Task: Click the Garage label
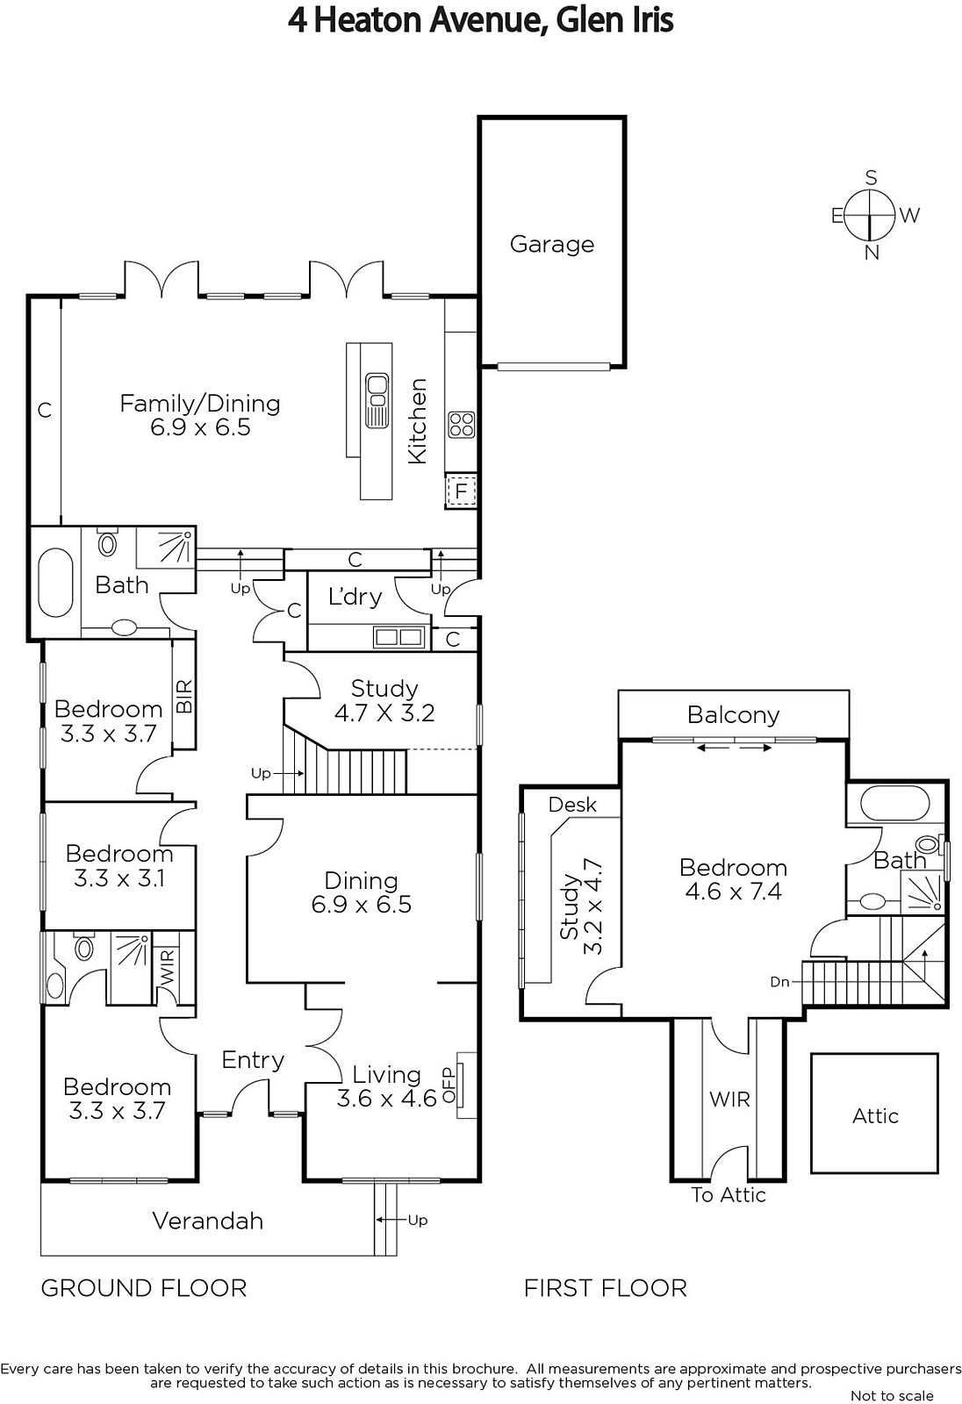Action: tap(552, 244)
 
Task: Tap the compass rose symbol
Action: tap(871, 215)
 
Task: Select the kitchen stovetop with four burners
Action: tap(462, 425)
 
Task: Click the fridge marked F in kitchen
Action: tap(461, 491)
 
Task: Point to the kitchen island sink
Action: tap(377, 400)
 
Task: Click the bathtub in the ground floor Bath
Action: tap(56, 583)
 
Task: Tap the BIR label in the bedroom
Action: tap(184, 697)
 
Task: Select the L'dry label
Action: tap(355, 596)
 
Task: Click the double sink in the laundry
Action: tap(398, 637)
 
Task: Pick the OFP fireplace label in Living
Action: tap(449, 1085)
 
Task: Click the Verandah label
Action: tap(207, 1221)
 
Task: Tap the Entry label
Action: tap(253, 1060)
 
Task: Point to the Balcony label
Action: tap(733, 715)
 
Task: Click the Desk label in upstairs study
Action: tap(572, 805)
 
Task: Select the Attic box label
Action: tap(875, 1115)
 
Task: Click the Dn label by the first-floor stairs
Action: tap(779, 982)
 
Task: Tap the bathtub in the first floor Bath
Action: tap(895, 803)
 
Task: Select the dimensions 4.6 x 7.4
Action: tap(733, 892)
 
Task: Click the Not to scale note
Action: tap(892, 1396)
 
